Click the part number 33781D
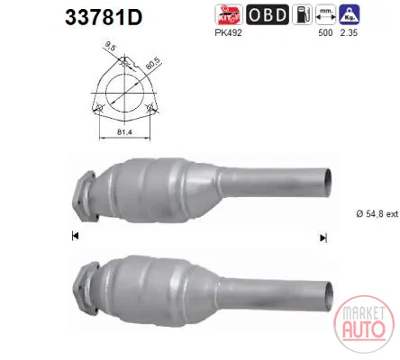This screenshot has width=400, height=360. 104,17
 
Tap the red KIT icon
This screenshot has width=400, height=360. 229,14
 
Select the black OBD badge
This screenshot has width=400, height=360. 268,14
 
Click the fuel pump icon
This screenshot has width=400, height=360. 302,14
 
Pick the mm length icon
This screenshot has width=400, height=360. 325,14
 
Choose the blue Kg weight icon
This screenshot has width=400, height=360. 350,14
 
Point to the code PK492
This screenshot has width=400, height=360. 228,32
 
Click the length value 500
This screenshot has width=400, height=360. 325,32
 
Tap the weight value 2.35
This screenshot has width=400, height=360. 349,32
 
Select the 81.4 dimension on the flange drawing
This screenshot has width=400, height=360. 124,131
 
